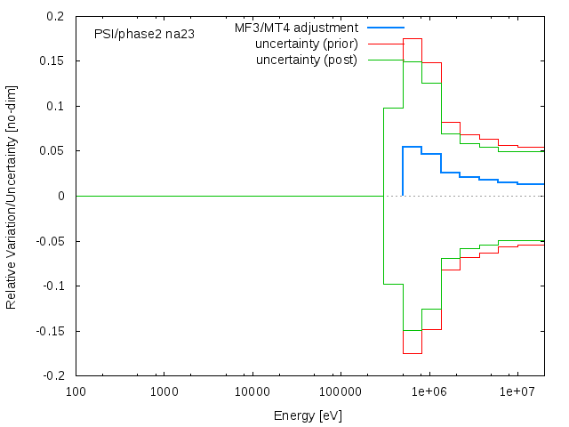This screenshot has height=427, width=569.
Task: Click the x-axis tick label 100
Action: point(76,391)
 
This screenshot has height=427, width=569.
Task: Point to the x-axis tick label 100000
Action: point(341,391)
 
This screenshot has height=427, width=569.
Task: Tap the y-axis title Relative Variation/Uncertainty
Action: point(12,196)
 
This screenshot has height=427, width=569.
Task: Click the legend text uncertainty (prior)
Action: point(306,44)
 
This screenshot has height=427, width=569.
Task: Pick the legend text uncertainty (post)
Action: point(306,60)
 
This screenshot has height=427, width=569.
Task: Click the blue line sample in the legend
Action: point(385,28)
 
